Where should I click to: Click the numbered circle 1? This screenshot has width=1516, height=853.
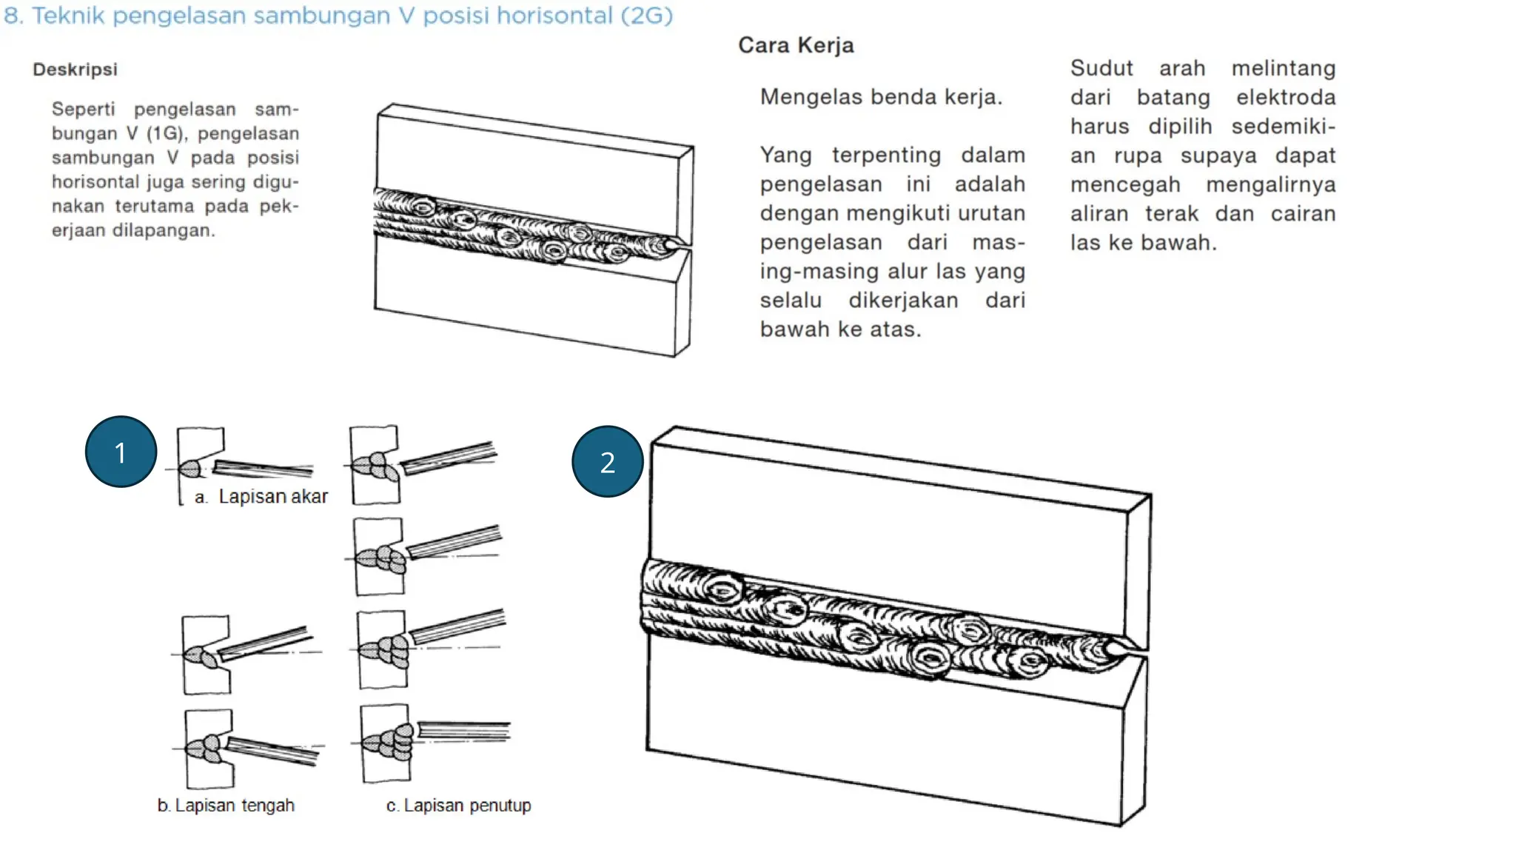tap(121, 452)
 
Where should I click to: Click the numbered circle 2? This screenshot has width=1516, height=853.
tap(607, 461)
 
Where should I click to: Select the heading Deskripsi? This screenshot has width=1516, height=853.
tap(75, 70)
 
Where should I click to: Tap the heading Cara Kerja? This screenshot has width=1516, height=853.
tap(796, 45)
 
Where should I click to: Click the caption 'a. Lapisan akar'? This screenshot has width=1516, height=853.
tap(261, 497)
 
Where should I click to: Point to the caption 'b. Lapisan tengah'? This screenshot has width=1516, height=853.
tap(226, 806)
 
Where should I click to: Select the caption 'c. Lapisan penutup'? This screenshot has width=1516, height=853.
tap(458, 806)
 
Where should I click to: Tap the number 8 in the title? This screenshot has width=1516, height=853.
tap(11, 16)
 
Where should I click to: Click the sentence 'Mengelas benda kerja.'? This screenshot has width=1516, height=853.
tap(881, 97)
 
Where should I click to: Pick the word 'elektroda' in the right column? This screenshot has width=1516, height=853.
tap(1286, 97)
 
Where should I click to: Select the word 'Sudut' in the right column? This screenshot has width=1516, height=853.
tap(1101, 68)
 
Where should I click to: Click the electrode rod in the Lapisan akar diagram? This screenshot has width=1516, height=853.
tap(264, 468)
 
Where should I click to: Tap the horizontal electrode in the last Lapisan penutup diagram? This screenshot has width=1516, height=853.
tap(464, 731)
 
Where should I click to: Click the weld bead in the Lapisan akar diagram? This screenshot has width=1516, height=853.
tap(189, 469)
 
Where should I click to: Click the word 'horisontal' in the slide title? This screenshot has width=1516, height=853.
tap(554, 16)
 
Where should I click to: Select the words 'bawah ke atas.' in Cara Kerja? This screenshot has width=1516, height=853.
tap(840, 329)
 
